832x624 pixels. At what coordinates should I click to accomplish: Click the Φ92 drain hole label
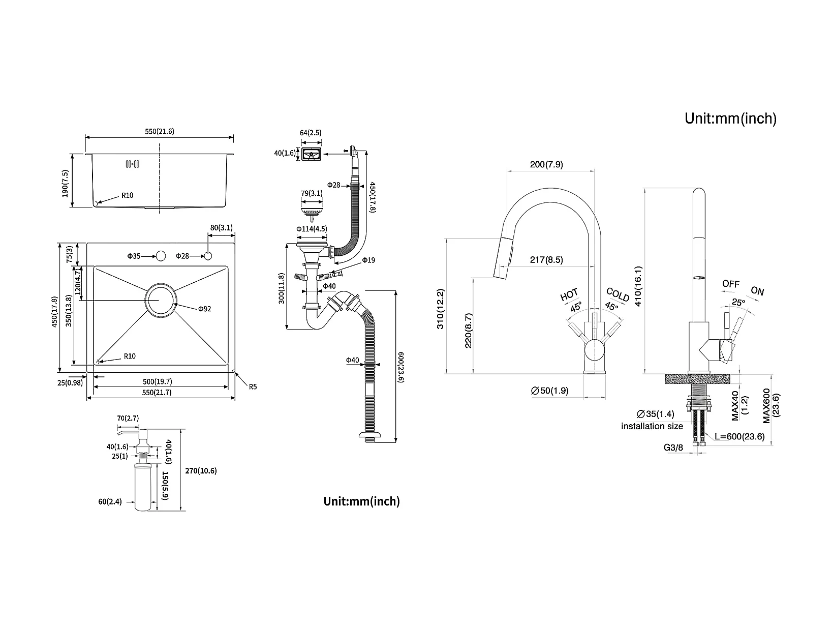[204, 308]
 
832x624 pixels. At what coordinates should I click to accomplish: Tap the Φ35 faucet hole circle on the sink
[162, 255]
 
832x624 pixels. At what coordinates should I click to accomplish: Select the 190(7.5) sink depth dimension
[65, 180]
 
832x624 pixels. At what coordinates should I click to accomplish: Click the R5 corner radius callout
[253, 387]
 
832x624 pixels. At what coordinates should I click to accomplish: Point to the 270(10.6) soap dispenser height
[201, 471]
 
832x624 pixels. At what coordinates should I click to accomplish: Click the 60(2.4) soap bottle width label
[110, 502]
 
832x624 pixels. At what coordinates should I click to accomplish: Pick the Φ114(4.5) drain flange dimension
[312, 229]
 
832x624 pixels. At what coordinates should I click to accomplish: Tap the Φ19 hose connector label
[368, 260]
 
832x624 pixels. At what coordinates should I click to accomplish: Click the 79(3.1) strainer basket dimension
[312, 193]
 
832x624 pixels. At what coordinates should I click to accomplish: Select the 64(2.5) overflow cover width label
[311, 133]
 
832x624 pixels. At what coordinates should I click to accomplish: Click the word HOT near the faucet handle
[569, 294]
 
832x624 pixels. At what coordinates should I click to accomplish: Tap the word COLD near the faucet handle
[618, 294]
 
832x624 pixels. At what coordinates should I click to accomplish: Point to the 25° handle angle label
[738, 302]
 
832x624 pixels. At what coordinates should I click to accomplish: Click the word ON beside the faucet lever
[757, 291]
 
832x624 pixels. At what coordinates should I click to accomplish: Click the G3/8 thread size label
[673, 448]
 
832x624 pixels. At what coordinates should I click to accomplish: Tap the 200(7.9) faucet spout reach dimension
[546, 164]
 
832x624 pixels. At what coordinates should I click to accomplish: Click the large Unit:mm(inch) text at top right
[730, 118]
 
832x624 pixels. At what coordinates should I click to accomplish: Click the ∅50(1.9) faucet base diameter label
[549, 391]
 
